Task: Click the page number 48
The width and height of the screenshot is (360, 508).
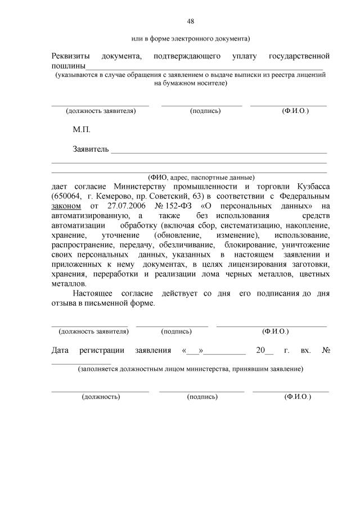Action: (190, 21)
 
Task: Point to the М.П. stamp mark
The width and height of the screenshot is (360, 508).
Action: (82, 130)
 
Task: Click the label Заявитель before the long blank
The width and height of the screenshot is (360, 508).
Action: (91, 149)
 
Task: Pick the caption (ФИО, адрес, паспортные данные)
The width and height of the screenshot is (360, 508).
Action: (201, 176)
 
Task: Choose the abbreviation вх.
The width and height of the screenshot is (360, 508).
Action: (305, 350)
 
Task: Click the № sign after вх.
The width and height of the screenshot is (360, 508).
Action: (325, 350)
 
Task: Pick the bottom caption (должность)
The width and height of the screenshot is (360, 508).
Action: (101, 396)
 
